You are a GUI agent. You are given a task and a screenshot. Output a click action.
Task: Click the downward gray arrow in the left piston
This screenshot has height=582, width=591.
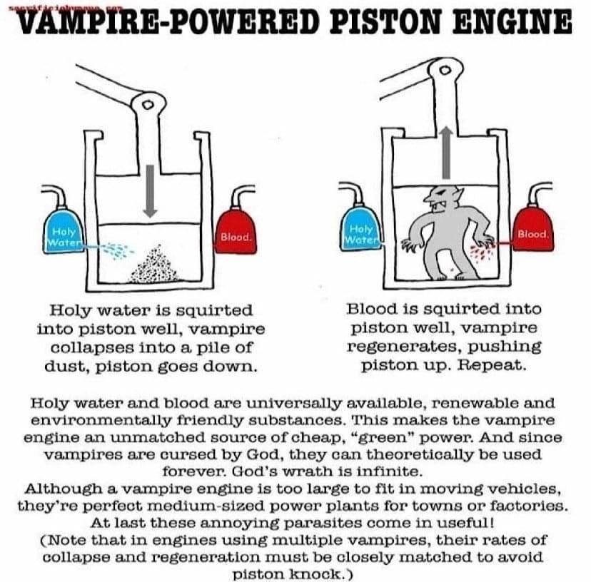[149, 190]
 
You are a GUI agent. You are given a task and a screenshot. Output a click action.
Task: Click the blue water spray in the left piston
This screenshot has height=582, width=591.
[114, 250]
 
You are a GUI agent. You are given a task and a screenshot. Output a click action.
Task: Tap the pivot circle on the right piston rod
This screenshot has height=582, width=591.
[446, 71]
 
